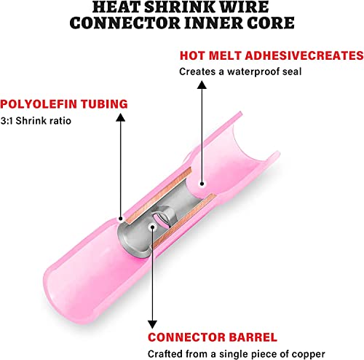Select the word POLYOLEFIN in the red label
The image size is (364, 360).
pyautogui.click(x=39, y=103)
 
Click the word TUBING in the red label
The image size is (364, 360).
pyautogui.click(x=104, y=103)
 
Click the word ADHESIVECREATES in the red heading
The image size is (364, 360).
pyautogui.click(x=304, y=55)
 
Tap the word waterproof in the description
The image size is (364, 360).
pyautogui.click(x=253, y=72)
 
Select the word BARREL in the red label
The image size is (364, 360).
pyautogui.click(x=253, y=337)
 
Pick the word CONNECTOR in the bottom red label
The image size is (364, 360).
pyautogui.click(x=186, y=337)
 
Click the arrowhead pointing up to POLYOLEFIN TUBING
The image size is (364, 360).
pyautogui.click(x=121, y=117)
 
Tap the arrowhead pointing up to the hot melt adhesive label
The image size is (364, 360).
pyautogui.click(x=202, y=85)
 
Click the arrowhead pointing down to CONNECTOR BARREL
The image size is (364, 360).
pyautogui.click(x=152, y=324)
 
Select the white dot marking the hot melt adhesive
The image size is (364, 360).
pyautogui.click(x=202, y=184)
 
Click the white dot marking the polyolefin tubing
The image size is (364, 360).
pyautogui.click(x=121, y=219)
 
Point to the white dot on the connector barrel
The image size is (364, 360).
pyautogui.click(x=152, y=227)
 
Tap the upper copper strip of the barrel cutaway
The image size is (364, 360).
pyautogui.click(x=159, y=196)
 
